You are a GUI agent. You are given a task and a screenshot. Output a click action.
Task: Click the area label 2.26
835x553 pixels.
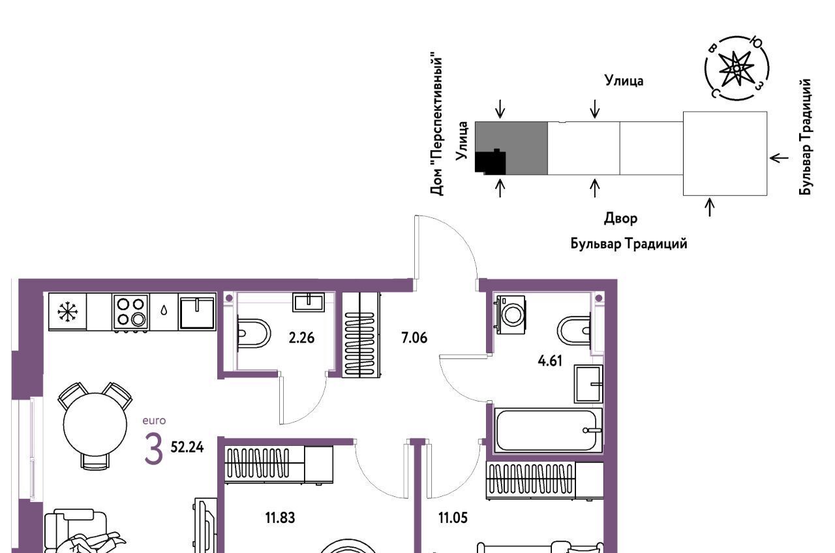pyautogui.click(x=301, y=338)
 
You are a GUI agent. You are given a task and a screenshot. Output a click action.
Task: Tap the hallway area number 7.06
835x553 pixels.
pyautogui.click(x=414, y=338)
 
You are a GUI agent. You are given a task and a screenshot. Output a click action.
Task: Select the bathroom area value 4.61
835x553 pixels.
pyautogui.click(x=550, y=361)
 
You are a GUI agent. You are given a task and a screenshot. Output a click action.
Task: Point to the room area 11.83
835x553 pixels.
pyautogui.click(x=280, y=518)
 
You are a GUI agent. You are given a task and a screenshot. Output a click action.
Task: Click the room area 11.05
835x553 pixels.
pyautogui.click(x=453, y=518)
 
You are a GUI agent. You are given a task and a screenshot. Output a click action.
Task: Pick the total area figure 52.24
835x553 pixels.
pyautogui.click(x=187, y=447)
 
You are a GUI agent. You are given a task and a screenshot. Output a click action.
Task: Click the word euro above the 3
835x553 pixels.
pyautogui.click(x=154, y=420)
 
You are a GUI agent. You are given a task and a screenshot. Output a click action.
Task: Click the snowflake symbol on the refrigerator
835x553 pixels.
pyautogui.click(x=67, y=311)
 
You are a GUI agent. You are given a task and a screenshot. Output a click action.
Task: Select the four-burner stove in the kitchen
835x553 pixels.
pyautogui.click(x=131, y=312)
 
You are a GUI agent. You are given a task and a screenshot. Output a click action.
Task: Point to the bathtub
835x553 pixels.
pyautogui.click(x=548, y=430)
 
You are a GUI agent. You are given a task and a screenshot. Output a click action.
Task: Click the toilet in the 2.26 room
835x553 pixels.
pyautogui.click(x=253, y=333)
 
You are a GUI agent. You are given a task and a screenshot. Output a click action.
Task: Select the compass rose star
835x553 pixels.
pyautogui.click(x=736, y=69)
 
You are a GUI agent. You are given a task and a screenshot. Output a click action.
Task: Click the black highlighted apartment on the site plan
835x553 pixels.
pyautogui.click(x=491, y=162)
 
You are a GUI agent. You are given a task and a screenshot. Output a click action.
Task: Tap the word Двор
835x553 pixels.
pyautogui.click(x=620, y=218)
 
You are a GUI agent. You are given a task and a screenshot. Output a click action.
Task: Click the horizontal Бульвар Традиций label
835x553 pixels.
pyautogui.click(x=629, y=244)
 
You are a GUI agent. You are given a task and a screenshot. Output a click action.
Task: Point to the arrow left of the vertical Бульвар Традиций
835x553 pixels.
pyautogui.click(x=779, y=158)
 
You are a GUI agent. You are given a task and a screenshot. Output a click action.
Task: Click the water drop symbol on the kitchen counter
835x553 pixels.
pyautogui.click(x=164, y=310)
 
